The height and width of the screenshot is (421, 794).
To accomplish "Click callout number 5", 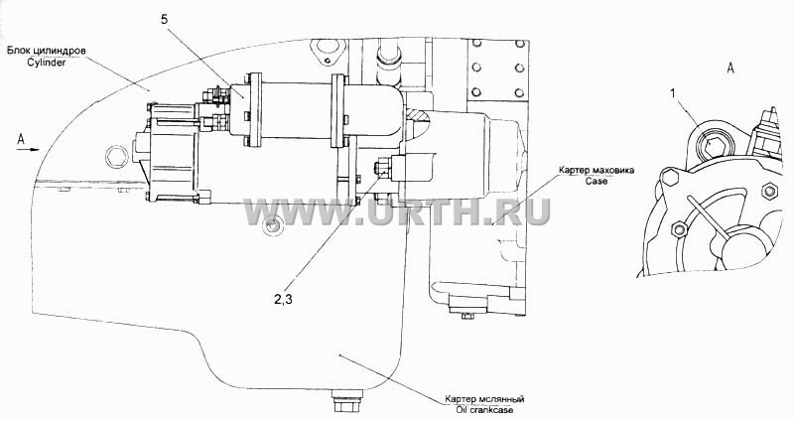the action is click(x=164, y=20).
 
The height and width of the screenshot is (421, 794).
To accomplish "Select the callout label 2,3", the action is click(x=284, y=299).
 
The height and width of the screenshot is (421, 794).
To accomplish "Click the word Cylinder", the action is click(x=48, y=64).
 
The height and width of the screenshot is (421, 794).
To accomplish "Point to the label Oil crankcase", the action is click(x=484, y=410).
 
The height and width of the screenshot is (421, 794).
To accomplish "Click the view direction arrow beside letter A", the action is click(x=28, y=150).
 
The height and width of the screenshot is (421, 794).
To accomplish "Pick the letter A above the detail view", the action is click(x=730, y=69).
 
